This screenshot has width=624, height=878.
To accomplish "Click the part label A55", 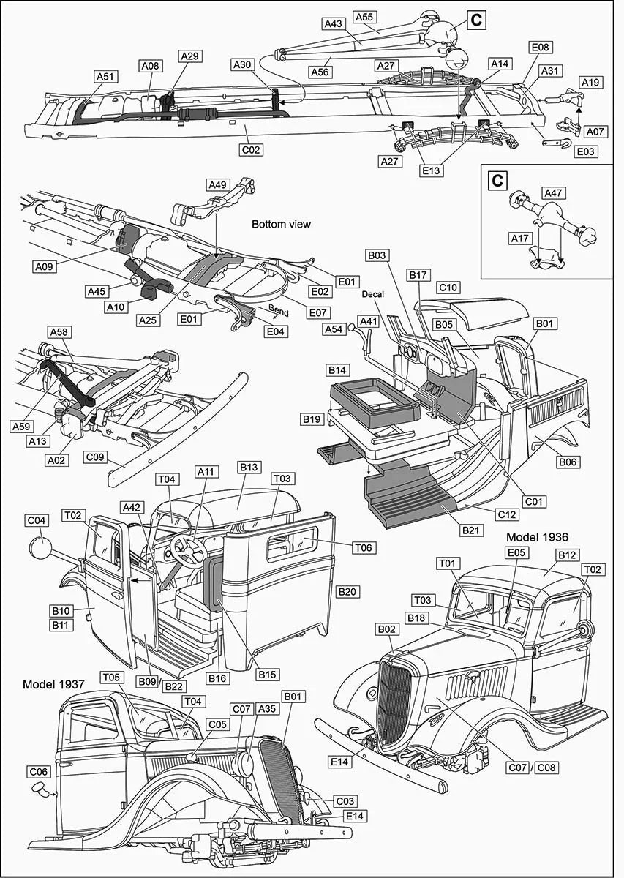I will click(x=364, y=16).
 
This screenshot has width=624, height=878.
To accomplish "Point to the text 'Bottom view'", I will click(x=282, y=225).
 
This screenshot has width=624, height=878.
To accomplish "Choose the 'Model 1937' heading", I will click(x=53, y=684).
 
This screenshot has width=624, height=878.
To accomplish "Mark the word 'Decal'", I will click(x=372, y=294).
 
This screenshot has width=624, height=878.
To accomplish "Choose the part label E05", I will click(x=516, y=554).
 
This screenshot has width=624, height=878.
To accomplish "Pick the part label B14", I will click(x=337, y=370).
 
